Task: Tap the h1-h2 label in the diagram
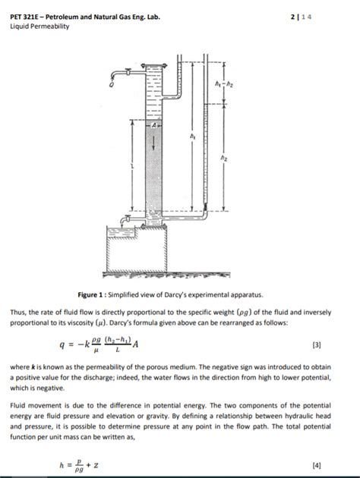tap(223, 83)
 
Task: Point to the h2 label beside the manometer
tap(223, 158)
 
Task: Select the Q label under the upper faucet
tap(112, 85)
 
